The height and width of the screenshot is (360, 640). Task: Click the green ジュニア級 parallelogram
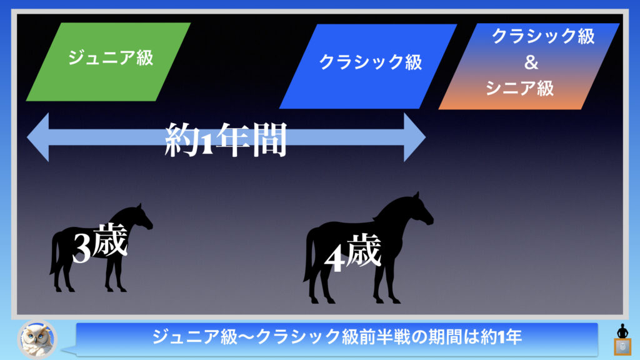pyautogui.click(x=108, y=62)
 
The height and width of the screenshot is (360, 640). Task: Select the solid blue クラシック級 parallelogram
pyautogui.click(x=367, y=66)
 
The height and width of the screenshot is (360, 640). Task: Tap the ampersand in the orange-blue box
pyautogui.click(x=531, y=63)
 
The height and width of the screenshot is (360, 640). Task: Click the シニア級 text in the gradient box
pyautogui.click(x=519, y=88)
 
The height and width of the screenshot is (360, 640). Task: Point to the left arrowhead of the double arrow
pyautogui.click(x=38, y=137)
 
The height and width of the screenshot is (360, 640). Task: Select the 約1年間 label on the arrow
pyautogui.click(x=226, y=139)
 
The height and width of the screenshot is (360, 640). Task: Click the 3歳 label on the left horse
pyautogui.click(x=100, y=243)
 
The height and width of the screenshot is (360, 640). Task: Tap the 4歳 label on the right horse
pyautogui.click(x=353, y=254)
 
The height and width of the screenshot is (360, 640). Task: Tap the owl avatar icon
pyautogui.click(x=37, y=339)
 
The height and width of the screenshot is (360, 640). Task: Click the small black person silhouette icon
pyautogui.click(x=622, y=331)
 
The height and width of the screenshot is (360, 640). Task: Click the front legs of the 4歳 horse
pyautogui.click(x=386, y=282)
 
